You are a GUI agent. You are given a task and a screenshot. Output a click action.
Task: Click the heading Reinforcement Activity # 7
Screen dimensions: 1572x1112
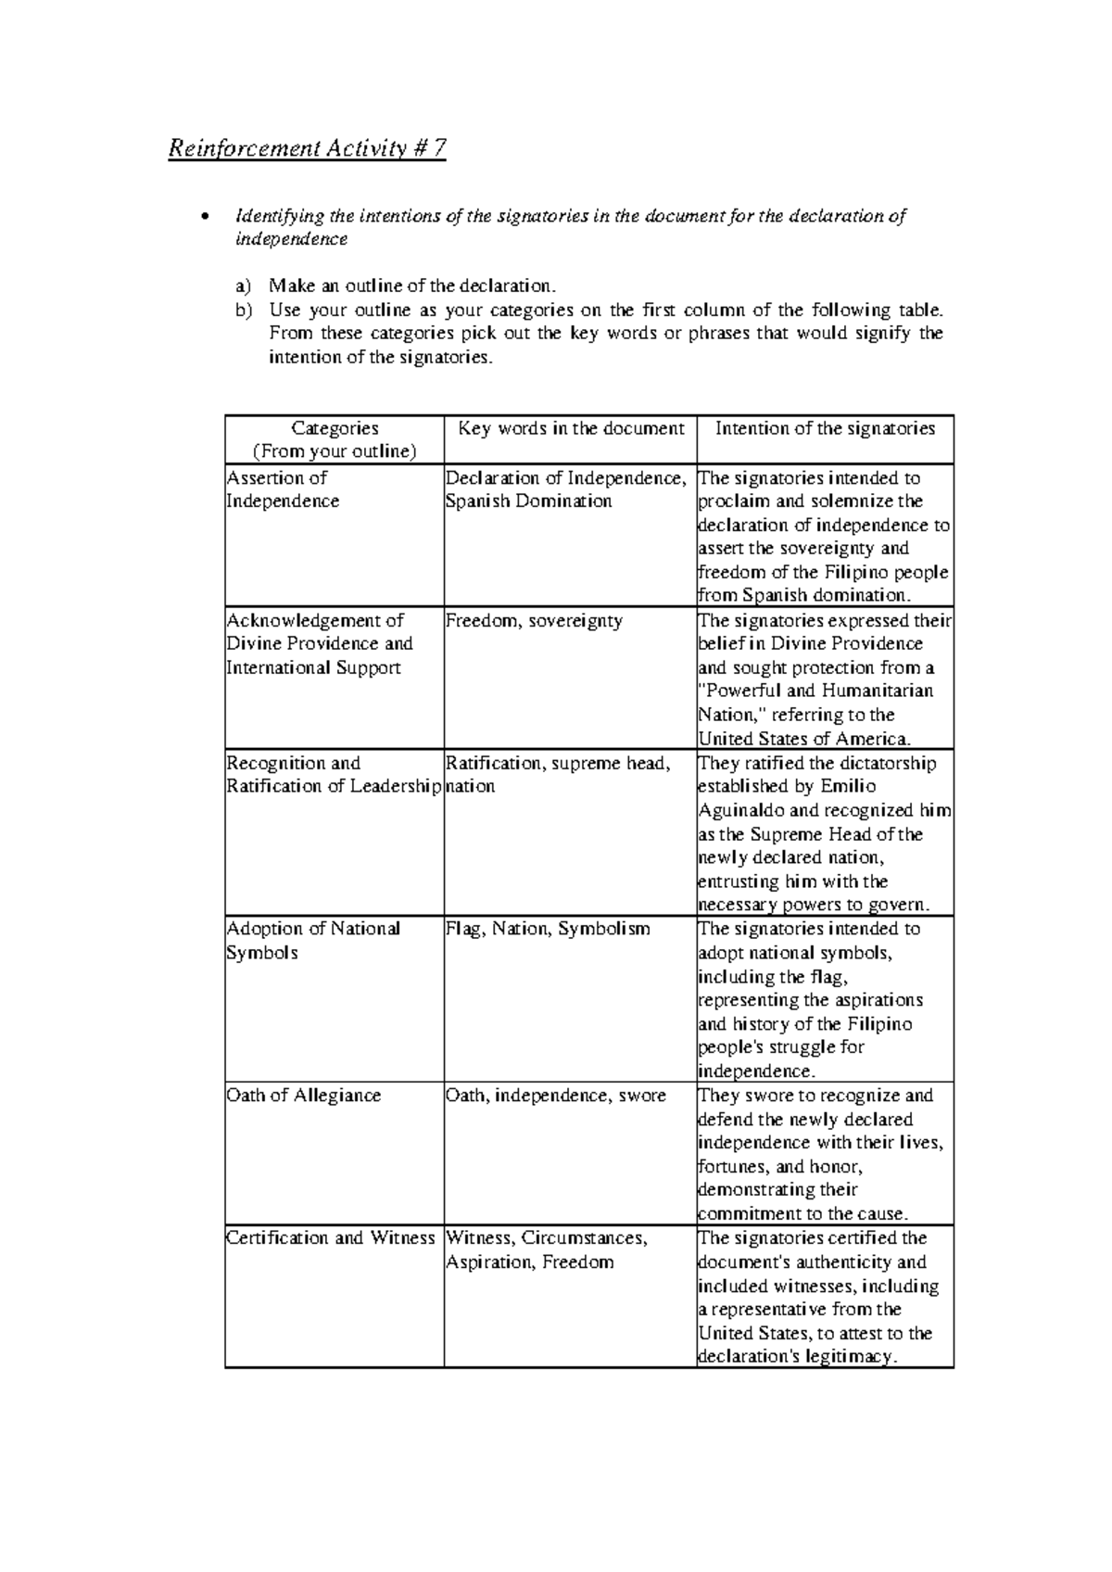pyautogui.click(x=307, y=148)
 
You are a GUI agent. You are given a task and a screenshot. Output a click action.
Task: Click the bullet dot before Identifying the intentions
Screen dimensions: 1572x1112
pyautogui.click(x=206, y=218)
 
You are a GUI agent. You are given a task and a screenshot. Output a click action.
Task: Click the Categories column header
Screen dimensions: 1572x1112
pyautogui.click(x=335, y=439)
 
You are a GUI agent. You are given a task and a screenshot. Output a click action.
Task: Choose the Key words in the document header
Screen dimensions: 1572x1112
pyautogui.click(x=571, y=428)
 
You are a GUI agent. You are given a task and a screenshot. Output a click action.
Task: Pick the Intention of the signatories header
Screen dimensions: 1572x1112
pyautogui.click(x=825, y=428)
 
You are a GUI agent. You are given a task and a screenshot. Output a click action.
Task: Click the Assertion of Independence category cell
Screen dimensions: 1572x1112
pyautogui.click(x=283, y=489)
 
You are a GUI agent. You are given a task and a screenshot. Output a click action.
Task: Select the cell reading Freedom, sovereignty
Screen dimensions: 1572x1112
pyautogui.click(x=534, y=620)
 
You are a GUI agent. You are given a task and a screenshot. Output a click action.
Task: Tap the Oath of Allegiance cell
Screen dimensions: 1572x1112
pyautogui.click(x=304, y=1095)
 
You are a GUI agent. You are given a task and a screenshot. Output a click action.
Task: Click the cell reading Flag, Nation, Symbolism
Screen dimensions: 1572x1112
pyautogui.click(x=548, y=928)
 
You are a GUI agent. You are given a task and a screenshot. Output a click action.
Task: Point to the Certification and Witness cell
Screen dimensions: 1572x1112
pyautogui.click(x=331, y=1237)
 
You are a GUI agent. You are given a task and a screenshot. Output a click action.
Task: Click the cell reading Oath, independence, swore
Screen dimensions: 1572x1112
pyautogui.click(x=556, y=1095)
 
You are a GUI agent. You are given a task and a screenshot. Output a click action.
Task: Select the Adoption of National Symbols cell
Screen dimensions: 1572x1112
pyautogui.click(x=313, y=940)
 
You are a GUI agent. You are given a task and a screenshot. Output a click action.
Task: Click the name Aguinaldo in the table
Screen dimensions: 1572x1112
pyautogui.click(x=738, y=810)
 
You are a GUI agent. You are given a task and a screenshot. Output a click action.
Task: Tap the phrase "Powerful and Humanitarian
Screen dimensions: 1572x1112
pyautogui.click(x=815, y=691)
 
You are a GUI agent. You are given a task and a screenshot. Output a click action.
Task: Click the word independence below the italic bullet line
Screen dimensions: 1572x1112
pyautogui.click(x=291, y=239)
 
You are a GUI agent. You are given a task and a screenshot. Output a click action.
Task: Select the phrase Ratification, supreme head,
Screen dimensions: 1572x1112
pyautogui.click(x=558, y=763)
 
